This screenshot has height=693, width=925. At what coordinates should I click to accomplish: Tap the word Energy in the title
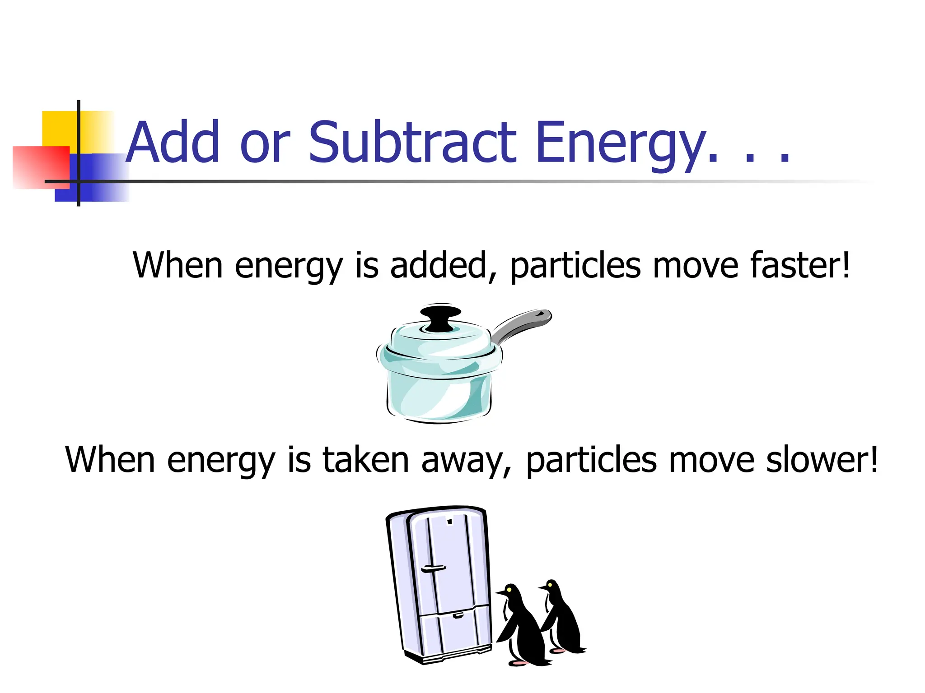click(621, 143)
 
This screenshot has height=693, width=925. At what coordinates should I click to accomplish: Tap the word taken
click(366, 460)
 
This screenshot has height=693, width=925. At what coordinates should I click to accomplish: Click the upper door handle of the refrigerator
click(433, 569)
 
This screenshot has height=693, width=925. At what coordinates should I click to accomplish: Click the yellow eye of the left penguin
click(509, 589)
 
